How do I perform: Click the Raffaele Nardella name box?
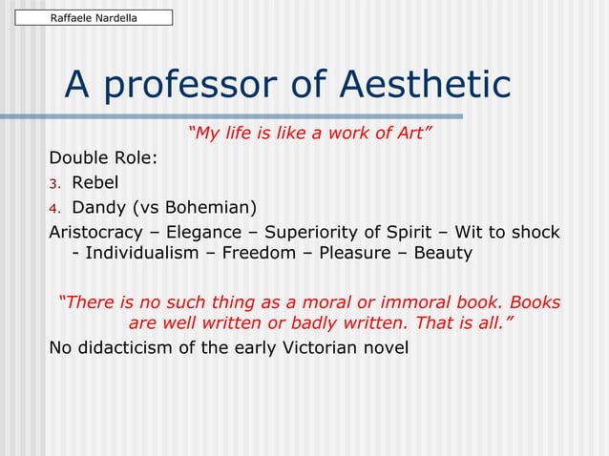pyautogui.click(x=93, y=17)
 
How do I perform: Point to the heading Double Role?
pyautogui.click(x=103, y=157)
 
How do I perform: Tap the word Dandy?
pyautogui.click(x=101, y=207)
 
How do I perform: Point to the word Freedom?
pyautogui.click(x=269, y=253)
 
